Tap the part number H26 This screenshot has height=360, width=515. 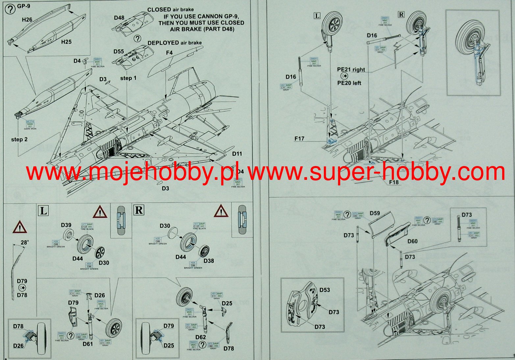click(x=27, y=20)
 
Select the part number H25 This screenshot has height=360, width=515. click(x=66, y=42)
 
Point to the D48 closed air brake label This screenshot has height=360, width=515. click(x=119, y=18)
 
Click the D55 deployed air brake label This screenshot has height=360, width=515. click(x=119, y=52)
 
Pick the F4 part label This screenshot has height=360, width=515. click(x=169, y=53)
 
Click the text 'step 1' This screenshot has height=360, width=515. click(x=128, y=78)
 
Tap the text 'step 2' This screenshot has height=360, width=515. click(x=19, y=139)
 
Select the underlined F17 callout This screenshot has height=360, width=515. click(x=299, y=139)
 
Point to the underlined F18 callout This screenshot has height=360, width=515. click(x=394, y=182)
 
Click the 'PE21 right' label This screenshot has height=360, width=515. click(x=351, y=70)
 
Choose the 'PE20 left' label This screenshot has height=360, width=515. click(x=349, y=83)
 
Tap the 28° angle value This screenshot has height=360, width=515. click(x=25, y=243)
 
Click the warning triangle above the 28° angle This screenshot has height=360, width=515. click(x=20, y=227)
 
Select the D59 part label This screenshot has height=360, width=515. click(x=375, y=213)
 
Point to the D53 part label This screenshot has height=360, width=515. click(x=324, y=290)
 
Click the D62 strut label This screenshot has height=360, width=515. click(x=200, y=337)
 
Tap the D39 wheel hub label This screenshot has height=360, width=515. click(x=66, y=225)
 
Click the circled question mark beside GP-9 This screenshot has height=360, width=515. click(x=11, y=9)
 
